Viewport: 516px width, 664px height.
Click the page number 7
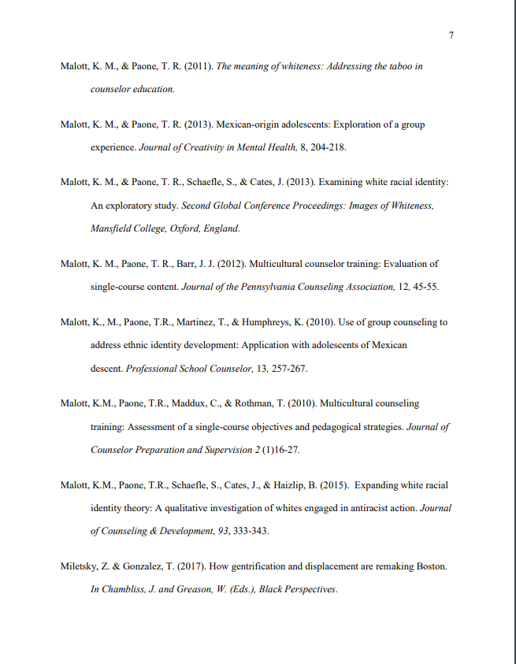[x=451, y=35]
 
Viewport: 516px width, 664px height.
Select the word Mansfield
[x=111, y=228]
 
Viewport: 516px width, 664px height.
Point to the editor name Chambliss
[x=122, y=590]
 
